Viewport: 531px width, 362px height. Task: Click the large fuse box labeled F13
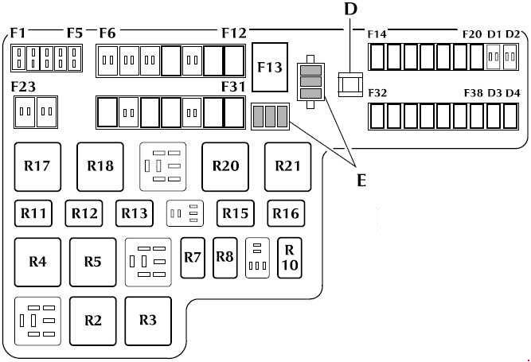(x=270, y=67)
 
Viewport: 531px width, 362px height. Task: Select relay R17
(x=37, y=167)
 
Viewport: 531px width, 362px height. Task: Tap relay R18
(x=100, y=167)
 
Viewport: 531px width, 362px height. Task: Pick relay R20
(x=225, y=167)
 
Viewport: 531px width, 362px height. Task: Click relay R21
(x=288, y=167)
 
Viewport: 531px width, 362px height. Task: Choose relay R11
(x=33, y=213)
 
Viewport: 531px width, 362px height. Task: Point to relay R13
(x=135, y=213)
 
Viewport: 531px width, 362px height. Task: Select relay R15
(x=236, y=213)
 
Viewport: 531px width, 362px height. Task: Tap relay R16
(x=286, y=213)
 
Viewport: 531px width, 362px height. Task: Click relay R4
(x=37, y=263)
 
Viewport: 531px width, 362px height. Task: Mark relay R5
(x=93, y=263)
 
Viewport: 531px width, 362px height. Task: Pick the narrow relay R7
(x=193, y=258)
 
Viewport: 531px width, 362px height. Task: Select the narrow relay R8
(x=225, y=258)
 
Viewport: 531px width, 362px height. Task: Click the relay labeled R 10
(x=290, y=258)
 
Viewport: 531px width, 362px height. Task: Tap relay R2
(x=93, y=321)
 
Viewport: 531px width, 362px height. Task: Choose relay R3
(x=148, y=321)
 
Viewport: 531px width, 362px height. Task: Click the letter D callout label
(x=351, y=9)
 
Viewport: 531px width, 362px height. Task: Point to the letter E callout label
(x=361, y=181)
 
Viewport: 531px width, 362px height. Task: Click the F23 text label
(x=23, y=87)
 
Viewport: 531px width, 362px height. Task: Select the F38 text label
(x=474, y=93)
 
